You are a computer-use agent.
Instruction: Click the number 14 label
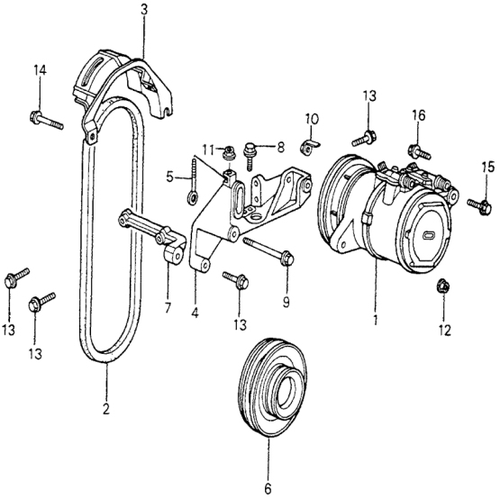(39, 71)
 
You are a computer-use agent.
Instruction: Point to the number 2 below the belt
(105, 410)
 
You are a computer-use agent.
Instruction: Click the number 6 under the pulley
(268, 488)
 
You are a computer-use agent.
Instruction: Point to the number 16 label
(418, 115)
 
